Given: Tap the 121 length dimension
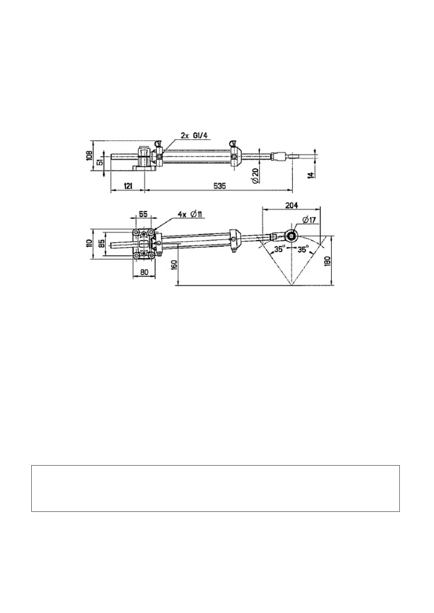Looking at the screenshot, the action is [x=128, y=186].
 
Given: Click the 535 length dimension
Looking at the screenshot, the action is [x=219, y=186].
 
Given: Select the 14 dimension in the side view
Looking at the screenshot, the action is [x=310, y=175].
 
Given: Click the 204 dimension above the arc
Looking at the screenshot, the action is [x=291, y=206].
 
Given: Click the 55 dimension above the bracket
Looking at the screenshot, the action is [x=143, y=214].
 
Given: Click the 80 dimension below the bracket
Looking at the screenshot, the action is [x=144, y=272].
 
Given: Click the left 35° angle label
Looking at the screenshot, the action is [x=279, y=250].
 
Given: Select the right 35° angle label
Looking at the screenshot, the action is [x=303, y=250].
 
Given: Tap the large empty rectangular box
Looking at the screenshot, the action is [x=215, y=488].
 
